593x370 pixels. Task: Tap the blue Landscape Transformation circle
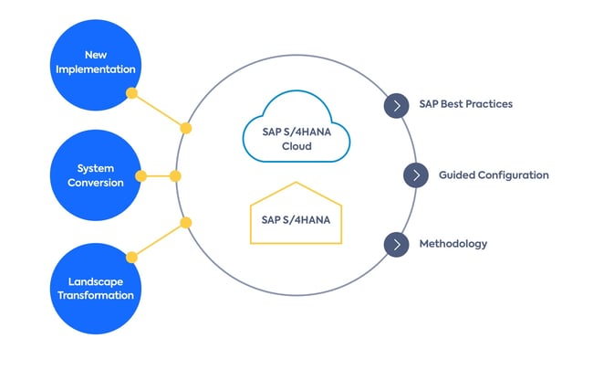pos(95,288)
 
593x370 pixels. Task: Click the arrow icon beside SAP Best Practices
pos(396,105)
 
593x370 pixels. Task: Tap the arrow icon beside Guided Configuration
pos(415,174)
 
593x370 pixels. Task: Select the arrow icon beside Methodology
pos(396,244)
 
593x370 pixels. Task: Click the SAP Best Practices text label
pos(465,104)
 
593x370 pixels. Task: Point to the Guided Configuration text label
pos(494,174)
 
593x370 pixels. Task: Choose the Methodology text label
pos(453,244)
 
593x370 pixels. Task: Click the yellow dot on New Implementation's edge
pos(131,93)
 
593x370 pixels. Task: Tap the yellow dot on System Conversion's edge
pos(141,175)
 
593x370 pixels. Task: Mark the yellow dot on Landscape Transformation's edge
pos(131,257)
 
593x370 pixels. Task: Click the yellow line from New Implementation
pos(159,111)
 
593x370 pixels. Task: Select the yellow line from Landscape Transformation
pos(159,239)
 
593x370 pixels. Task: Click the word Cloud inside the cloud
pos(296,146)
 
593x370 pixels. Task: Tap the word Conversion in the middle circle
pos(95,183)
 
